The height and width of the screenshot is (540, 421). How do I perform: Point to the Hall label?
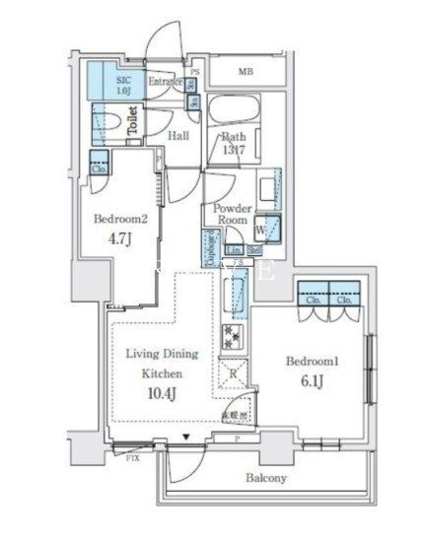point(177,137)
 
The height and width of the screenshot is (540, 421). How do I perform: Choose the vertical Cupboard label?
point(212,248)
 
